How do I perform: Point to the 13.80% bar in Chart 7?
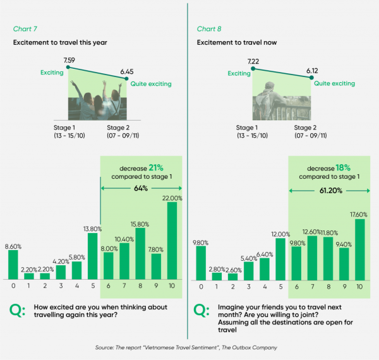(92, 256)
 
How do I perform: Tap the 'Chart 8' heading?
(210, 29)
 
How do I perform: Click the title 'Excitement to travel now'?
(232, 42)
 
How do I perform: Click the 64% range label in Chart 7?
(141, 188)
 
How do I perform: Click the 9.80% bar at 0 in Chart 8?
(201, 263)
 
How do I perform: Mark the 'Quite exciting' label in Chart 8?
(332, 83)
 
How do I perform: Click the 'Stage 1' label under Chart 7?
(65, 127)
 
